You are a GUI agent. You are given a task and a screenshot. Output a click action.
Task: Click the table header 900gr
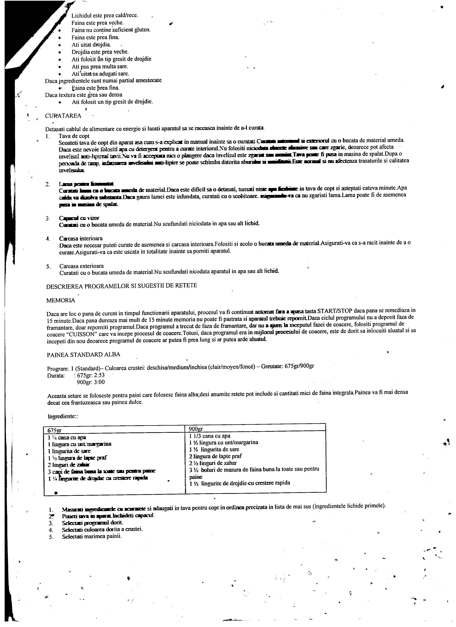tap(196, 429)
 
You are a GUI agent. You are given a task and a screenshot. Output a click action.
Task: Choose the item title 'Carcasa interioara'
tap(81, 238)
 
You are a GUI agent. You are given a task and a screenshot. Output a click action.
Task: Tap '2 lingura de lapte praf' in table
tap(215, 456)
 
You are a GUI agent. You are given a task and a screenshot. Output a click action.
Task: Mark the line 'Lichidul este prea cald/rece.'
tap(105, 16)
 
